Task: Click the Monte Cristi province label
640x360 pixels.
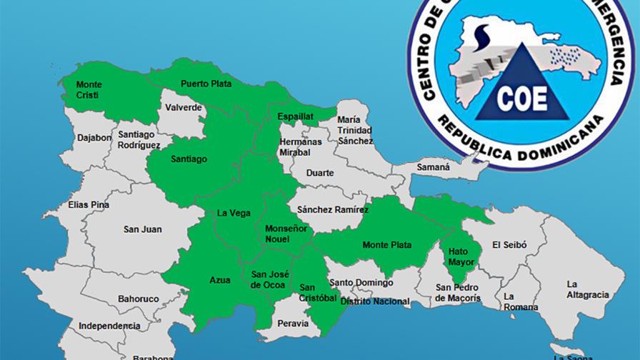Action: pos(89,90)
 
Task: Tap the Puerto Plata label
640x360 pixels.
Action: pos(206,84)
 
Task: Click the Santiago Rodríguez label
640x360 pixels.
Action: pos(139,139)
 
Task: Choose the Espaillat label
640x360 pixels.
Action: pos(295,116)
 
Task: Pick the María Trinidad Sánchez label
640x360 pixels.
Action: pos(355,130)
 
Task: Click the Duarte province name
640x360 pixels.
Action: pos(319,173)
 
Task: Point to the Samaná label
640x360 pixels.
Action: pos(434,167)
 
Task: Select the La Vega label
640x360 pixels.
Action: pos(233,213)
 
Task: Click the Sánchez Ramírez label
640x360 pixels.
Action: pos(333,210)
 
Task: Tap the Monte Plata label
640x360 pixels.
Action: pos(386,245)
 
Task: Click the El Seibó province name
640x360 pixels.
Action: pos(509,244)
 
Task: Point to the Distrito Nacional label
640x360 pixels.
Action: pos(375,301)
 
